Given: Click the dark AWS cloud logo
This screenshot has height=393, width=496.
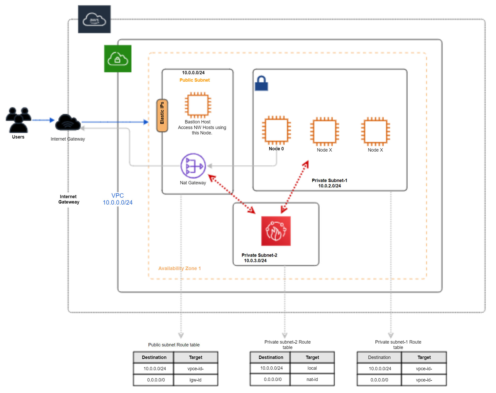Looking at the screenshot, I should click(x=94, y=19).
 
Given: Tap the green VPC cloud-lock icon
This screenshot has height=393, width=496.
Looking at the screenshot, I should click(x=118, y=59).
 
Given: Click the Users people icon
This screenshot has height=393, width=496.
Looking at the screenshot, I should click(x=18, y=120).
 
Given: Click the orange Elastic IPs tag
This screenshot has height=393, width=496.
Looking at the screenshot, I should click(x=162, y=115).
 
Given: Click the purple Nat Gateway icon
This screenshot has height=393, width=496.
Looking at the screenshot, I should click(x=193, y=166).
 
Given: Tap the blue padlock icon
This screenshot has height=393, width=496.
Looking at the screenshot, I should click(x=261, y=83).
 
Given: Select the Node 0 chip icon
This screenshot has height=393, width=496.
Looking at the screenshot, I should click(x=276, y=130).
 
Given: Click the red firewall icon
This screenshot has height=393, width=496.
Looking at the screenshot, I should click(x=276, y=231).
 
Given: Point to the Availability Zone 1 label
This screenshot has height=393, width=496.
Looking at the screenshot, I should click(x=180, y=268).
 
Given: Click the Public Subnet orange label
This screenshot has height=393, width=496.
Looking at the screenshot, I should click(x=195, y=80).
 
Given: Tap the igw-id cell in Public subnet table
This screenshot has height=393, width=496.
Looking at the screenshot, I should click(x=196, y=380).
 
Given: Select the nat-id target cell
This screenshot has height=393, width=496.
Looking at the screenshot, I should click(x=312, y=379).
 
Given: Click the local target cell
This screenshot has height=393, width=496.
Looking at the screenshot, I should click(x=312, y=368).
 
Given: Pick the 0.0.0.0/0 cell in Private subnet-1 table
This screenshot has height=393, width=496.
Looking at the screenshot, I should click(x=379, y=380).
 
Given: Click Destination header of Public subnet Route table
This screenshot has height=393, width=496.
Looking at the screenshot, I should click(x=154, y=357).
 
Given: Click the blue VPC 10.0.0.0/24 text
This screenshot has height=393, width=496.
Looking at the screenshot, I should click(x=118, y=199).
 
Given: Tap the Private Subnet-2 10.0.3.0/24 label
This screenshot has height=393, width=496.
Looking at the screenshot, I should click(x=259, y=258).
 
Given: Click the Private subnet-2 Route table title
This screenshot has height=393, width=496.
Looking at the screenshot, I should click(x=287, y=345).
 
